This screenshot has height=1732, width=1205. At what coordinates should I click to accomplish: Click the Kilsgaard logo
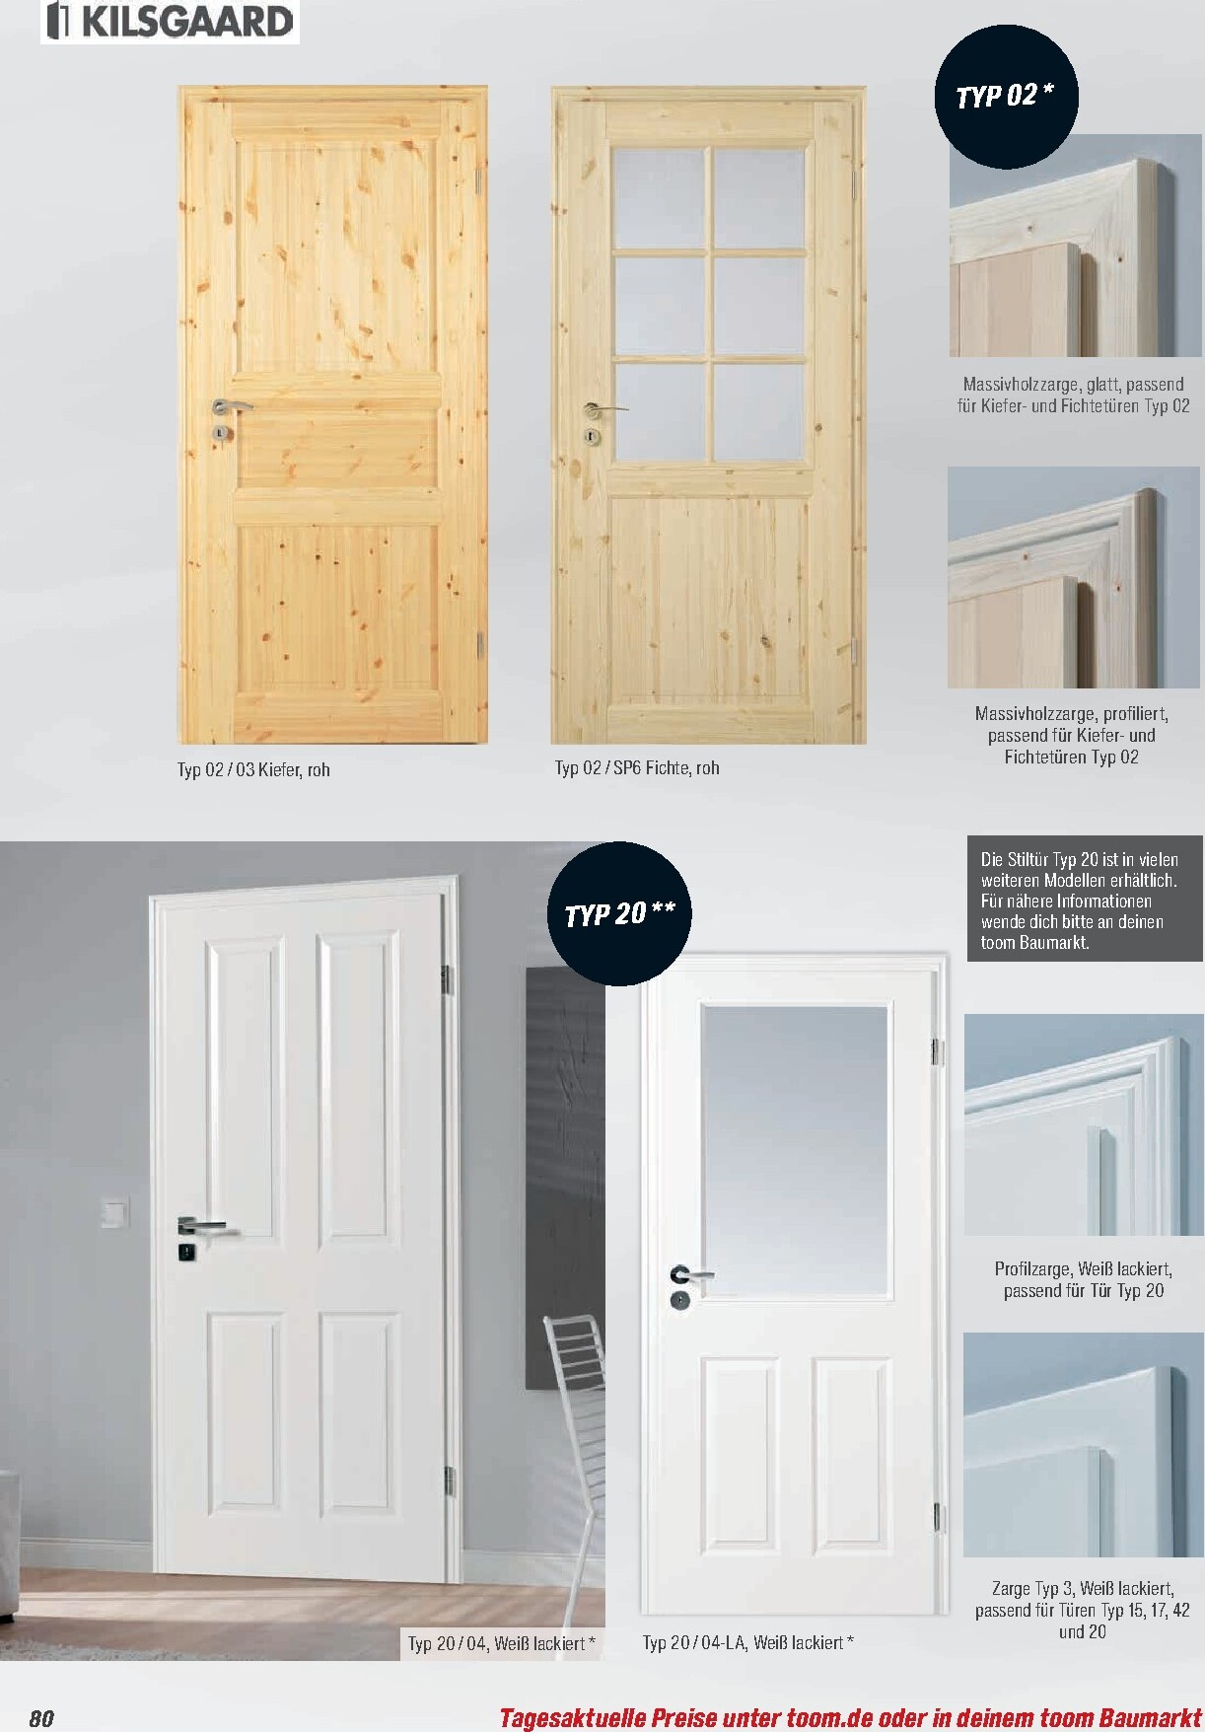[x=170, y=22]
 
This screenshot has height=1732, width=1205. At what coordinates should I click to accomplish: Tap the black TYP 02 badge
[x=1006, y=96]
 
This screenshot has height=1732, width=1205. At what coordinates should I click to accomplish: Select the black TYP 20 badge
[x=619, y=913]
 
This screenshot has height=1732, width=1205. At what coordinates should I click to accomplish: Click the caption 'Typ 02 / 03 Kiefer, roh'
[x=253, y=770]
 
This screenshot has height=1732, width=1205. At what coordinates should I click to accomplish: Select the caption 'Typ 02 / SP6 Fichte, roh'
[x=637, y=768]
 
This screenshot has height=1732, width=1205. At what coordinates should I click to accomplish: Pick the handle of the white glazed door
[x=690, y=1274]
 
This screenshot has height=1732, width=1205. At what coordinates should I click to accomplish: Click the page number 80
[x=41, y=1718]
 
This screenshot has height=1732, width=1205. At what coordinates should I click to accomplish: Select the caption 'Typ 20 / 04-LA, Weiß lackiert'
[x=747, y=1642]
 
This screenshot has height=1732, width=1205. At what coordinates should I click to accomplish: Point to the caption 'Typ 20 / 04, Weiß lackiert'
[x=502, y=1644]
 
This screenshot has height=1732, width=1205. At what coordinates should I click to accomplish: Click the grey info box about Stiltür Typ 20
[x=1085, y=901]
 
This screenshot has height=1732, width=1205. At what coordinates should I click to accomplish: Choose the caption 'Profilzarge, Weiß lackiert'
[x=1084, y=1269]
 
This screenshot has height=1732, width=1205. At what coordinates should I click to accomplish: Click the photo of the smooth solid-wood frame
[x=1074, y=246]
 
